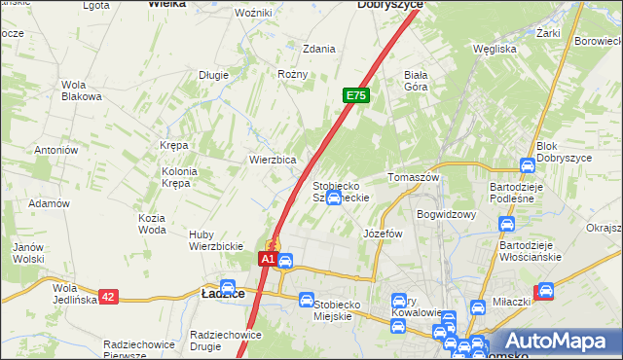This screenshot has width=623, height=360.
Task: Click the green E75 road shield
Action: pyautogui.click(x=355, y=95)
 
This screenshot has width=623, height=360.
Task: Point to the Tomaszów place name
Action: pyautogui.click(x=415, y=178)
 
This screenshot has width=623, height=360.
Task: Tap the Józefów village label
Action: pyautogui.click(x=383, y=234)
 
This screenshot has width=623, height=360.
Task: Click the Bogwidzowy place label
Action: pyautogui.click(x=445, y=213)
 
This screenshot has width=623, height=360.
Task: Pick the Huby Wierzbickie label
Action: pyautogui.click(x=215, y=239)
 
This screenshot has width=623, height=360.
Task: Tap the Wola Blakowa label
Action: pyautogui.click(x=82, y=90)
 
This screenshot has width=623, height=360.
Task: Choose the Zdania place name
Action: pyautogui.click(x=319, y=48)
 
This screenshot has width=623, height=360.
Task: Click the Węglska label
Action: pyautogui.click(x=494, y=48)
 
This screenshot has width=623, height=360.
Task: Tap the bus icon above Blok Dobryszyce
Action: pyautogui.click(x=528, y=164)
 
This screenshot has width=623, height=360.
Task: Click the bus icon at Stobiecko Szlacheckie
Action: pyautogui.click(x=334, y=198)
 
